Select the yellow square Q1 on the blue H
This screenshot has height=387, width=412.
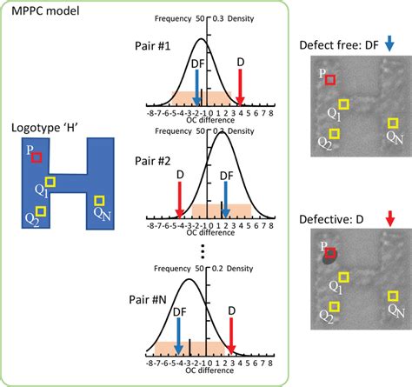[x=51, y=182]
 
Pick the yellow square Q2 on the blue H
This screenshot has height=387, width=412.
[x=41, y=210]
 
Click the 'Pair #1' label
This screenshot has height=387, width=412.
[x=156, y=44]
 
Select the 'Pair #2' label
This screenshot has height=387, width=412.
[x=156, y=162]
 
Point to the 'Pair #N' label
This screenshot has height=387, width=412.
[x=156, y=302]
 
